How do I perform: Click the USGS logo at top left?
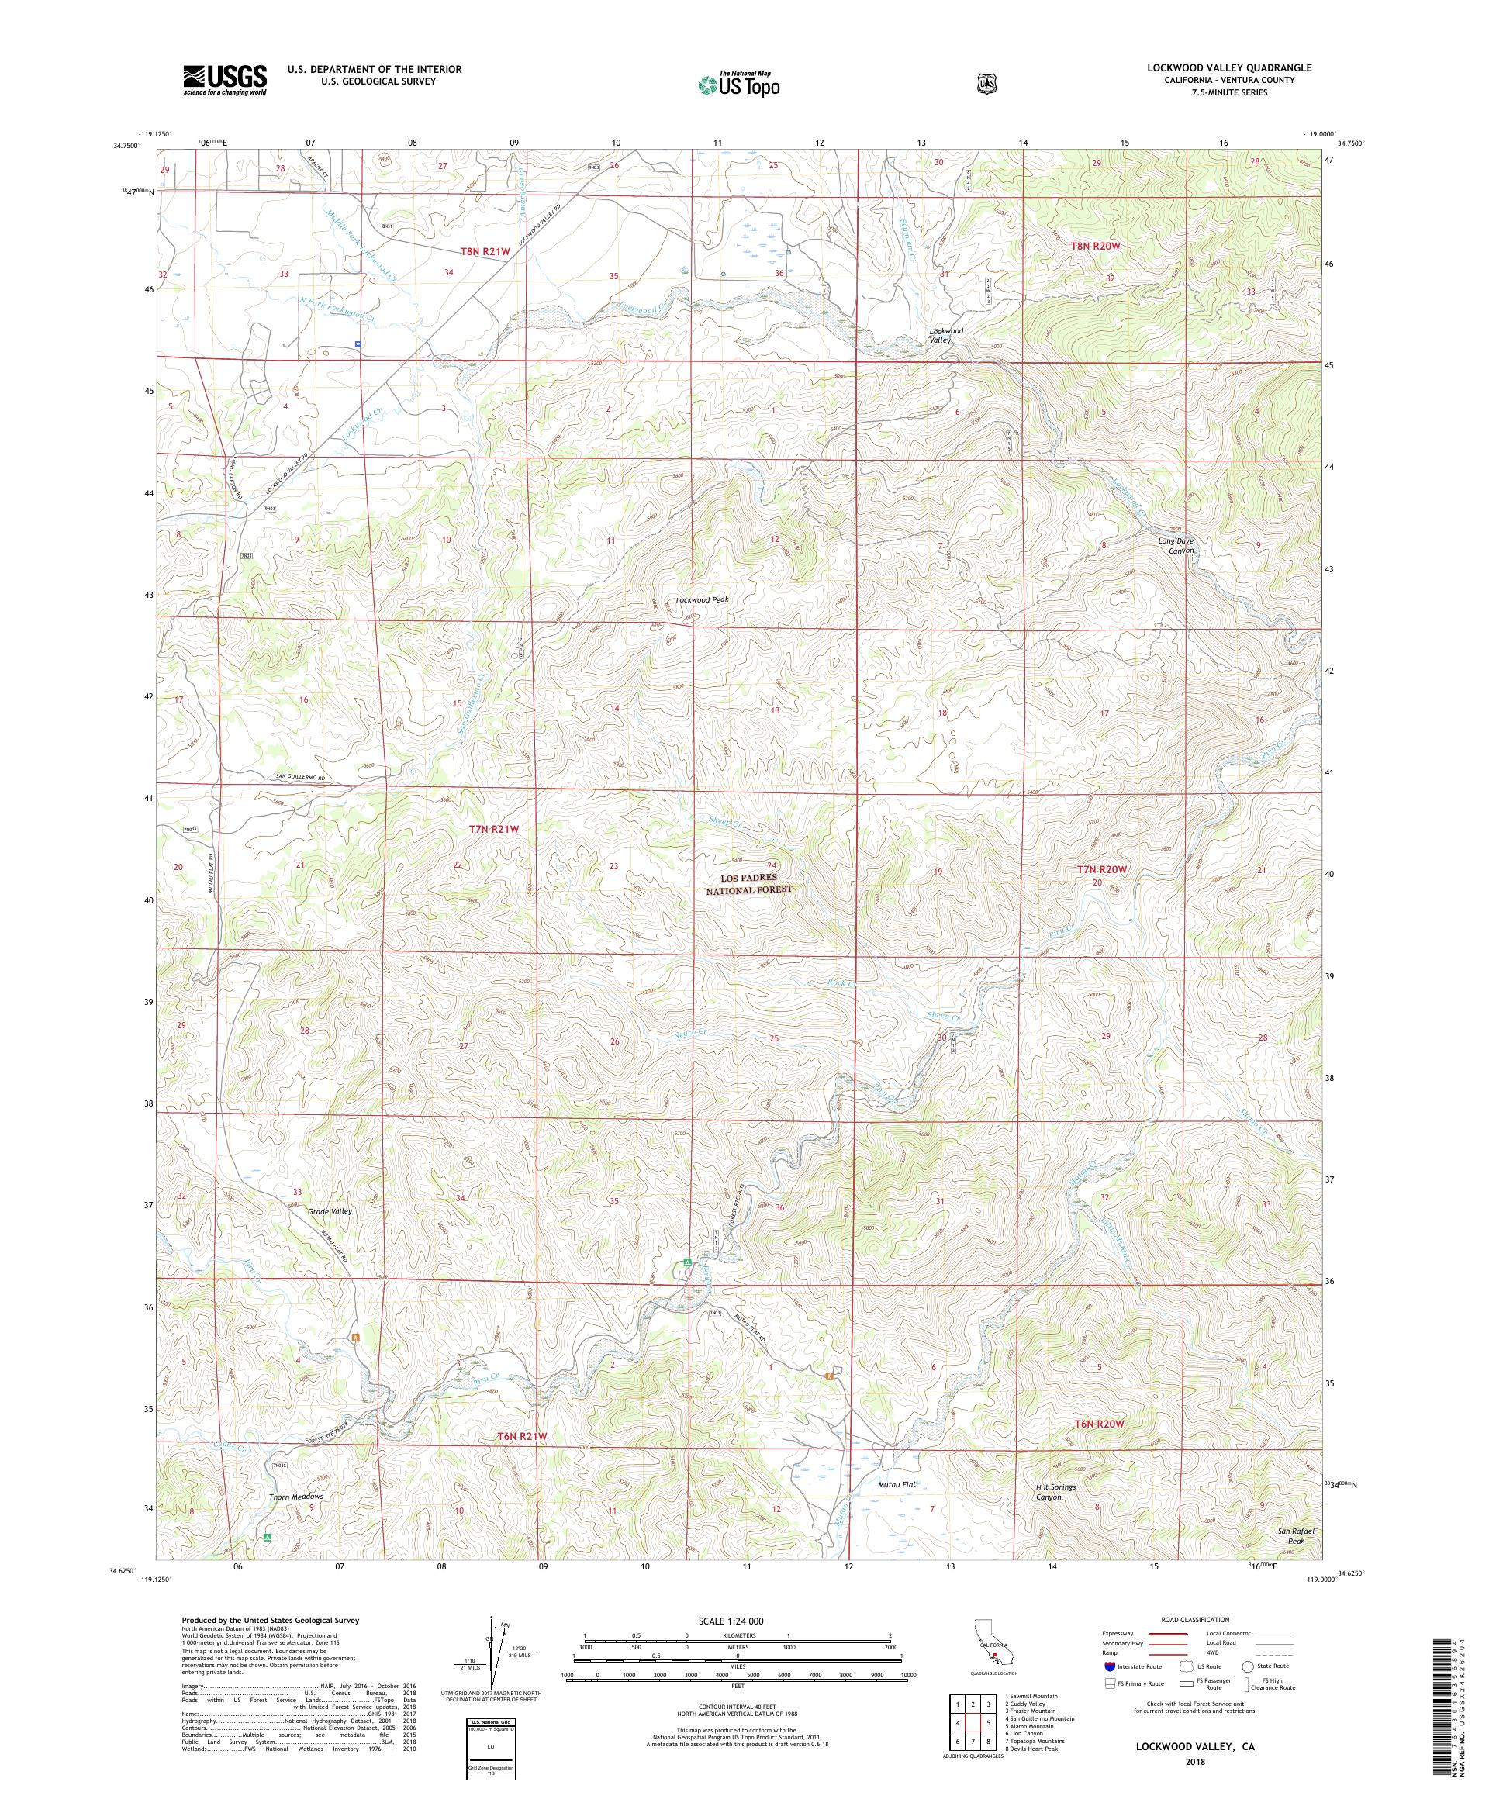(x=224, y=81)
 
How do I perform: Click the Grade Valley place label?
(x=330, y=1211)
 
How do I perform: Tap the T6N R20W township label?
(x=1098, y=1424)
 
